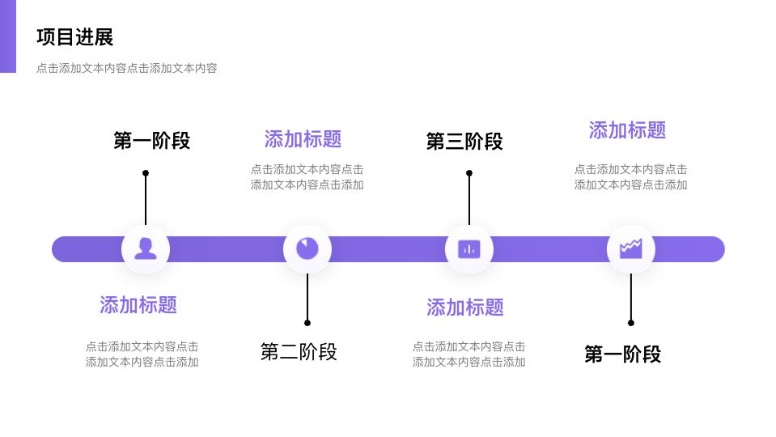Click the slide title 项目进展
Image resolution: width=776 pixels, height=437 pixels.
pos(74,37)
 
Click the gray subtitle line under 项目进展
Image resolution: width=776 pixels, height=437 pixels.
pos(126,69)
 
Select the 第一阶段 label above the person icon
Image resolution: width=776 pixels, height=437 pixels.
pos(151,141)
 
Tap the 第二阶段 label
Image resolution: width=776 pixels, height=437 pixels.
pos(299,352)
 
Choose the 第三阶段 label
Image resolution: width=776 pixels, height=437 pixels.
pos(464,142)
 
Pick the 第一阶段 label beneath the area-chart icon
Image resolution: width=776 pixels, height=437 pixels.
pos(622,354)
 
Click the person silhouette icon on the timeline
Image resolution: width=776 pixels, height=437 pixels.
pos(146,248)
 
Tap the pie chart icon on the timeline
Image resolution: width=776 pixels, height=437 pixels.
pos(307,248)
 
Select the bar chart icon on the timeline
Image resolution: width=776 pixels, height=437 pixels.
pos(469,248)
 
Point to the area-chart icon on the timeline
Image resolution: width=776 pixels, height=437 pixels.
pos(631,248)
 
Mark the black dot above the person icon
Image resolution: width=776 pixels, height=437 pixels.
pos(146,173)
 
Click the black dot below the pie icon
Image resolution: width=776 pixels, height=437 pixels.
pos(307,323)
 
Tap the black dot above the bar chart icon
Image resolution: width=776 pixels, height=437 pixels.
pos(469,173)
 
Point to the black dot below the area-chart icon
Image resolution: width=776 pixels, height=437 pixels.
pos(631,323)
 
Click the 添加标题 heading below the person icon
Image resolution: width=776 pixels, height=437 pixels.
pos(138,305)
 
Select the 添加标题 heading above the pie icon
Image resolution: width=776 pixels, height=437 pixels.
pos(303,139)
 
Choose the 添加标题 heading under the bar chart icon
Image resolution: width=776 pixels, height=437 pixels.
pos(465,308)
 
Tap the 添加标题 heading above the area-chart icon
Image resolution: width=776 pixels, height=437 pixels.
pos(627,130)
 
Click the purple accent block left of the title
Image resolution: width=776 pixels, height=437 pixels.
pos(7,36)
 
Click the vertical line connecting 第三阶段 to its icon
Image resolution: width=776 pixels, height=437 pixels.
pos(469,199)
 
